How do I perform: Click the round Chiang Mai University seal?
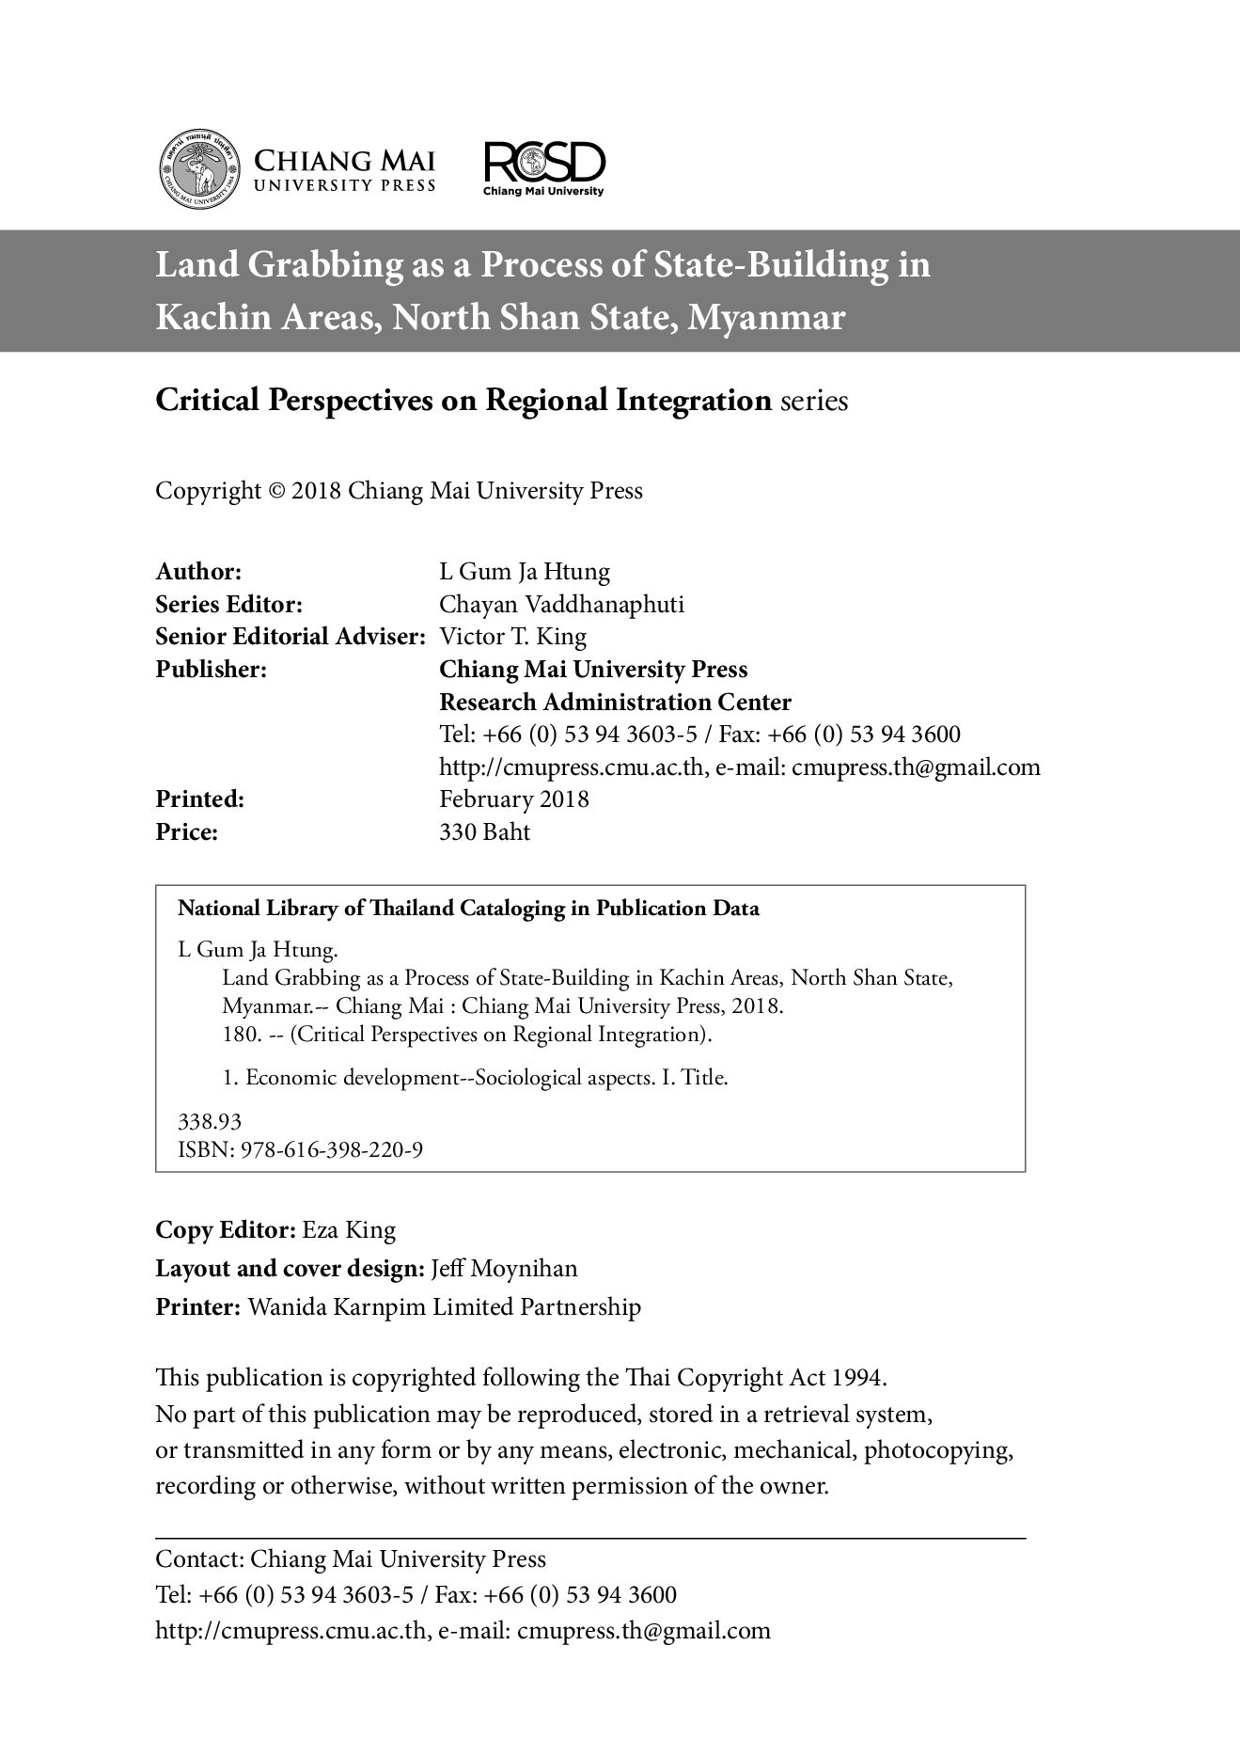197,169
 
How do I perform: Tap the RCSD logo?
544,167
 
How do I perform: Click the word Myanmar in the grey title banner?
766,318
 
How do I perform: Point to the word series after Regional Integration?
814,402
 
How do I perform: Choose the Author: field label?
199,571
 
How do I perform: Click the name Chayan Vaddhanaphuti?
561,604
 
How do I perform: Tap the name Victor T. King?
512,637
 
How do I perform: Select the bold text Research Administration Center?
615,702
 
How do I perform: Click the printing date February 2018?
514,799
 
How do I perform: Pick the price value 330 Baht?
484,832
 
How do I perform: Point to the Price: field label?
186,832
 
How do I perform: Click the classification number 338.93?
210,1121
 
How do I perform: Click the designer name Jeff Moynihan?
504,1269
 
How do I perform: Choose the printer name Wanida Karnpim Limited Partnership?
444,1307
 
